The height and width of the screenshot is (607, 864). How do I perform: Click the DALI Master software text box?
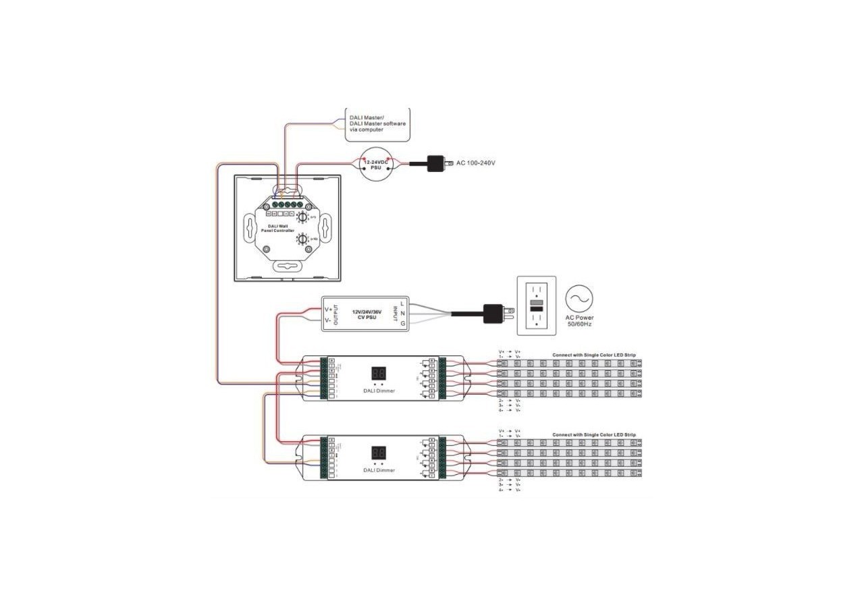click(377, 124)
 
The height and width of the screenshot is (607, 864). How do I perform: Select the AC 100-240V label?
click(476, 163)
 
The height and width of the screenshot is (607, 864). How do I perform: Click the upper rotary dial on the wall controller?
click(303, 217)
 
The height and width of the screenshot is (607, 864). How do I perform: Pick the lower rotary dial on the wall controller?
click(302, 239)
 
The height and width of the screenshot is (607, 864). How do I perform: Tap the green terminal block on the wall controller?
click(287, 204)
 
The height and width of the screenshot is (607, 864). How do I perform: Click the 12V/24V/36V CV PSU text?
click(367, 314)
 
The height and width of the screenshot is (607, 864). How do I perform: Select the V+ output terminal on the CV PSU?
click(329, 309)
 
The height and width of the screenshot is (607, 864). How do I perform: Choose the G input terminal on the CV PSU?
click(402, 324)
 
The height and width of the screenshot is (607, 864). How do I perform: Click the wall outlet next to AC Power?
click(537, 305)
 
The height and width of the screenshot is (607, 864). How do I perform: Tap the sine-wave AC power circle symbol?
click(579, 298)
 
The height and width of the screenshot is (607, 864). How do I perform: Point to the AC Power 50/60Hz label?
click(579, 320)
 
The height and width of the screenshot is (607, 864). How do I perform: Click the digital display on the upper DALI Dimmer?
click(378, 373)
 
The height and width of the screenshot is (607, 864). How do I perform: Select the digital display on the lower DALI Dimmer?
click(378, 453)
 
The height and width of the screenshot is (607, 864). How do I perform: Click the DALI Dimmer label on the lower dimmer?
click(379, 470)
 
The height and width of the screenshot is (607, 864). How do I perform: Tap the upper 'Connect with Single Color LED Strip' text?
click(593, 355)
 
